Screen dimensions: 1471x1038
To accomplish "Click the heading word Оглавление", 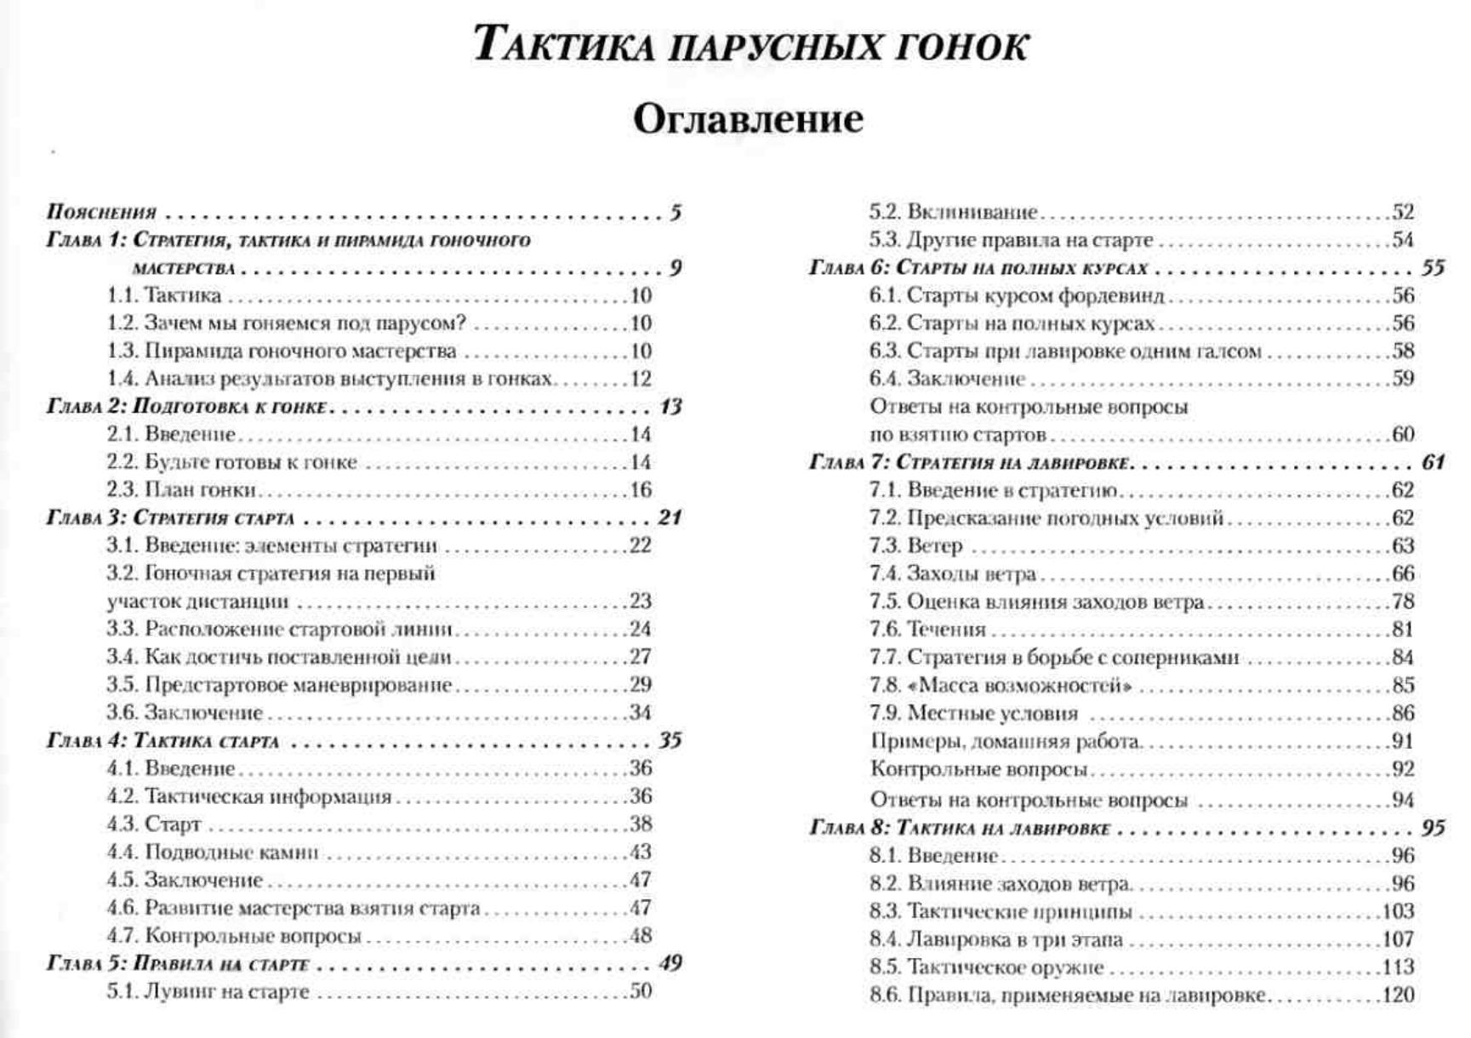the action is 748,119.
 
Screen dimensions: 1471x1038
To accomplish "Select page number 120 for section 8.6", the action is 1398,995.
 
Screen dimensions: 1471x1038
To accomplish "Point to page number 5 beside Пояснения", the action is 676,212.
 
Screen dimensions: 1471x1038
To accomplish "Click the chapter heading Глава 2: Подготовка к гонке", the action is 187,407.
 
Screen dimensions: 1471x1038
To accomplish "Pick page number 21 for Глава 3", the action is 670,517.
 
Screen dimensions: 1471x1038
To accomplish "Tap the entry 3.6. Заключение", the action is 185,713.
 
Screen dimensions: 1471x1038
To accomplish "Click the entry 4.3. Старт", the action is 154,824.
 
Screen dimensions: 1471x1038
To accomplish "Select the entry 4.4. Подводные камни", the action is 212,852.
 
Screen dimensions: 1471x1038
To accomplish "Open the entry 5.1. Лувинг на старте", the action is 208,992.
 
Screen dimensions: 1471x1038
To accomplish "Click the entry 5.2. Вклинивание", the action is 953,212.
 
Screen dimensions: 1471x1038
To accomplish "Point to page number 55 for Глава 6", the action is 1433,268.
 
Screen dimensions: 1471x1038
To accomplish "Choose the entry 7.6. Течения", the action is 927,630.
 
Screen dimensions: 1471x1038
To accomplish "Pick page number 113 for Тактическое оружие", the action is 1398,967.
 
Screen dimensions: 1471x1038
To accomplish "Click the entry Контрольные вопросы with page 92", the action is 978,769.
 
